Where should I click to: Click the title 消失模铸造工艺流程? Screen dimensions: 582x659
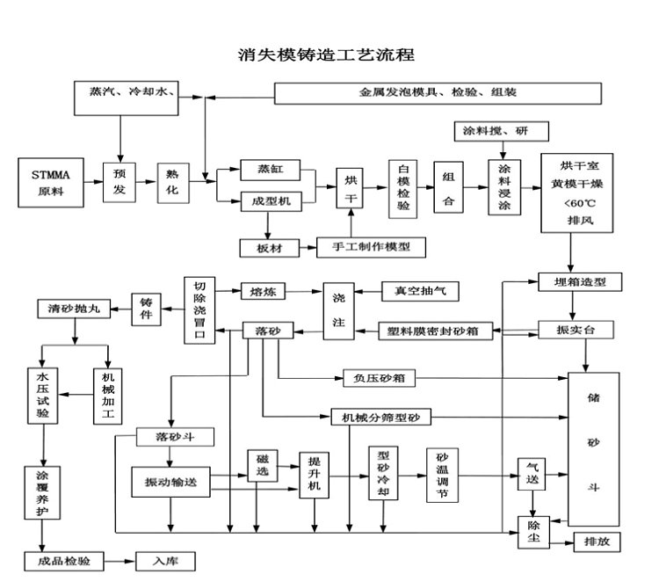pyautogui.click(x=326, y=55)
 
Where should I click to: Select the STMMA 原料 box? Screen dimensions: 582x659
pyautogui.click(x=51, y=183)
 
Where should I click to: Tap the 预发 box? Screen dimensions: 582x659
pyautogui.click(x=119, y=183)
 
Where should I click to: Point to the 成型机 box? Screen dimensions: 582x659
pyautogui.click(x=271, y=201)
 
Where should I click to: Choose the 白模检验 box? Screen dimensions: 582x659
pyautogui.click(x=404, y=188)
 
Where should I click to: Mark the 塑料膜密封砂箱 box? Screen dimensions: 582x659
pyautogui.click(x=434, y=331)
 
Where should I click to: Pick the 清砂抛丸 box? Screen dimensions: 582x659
pyautogui.click(x=74, y=309)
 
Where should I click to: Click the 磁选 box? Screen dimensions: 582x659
pyautogui.click(x=263, y=465)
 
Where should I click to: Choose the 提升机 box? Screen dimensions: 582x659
pyautogui.click(x=315, y=476)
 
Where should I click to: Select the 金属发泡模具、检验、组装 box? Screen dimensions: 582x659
pyautogui.click(x=438, y=92)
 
